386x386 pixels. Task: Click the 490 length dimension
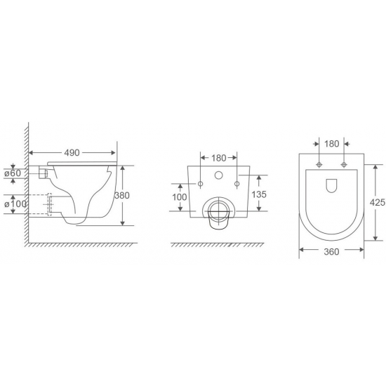[x=72, y=153]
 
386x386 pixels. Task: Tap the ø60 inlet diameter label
[x=13, y=173]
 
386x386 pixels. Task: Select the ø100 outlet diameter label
[x=15, y=204]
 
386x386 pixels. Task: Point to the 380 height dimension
[x=122, y=196]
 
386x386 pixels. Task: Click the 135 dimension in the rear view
[x=259, y=194]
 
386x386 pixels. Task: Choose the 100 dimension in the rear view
[x=180, y=197]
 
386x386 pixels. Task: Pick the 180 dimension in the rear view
[x=219, y=158]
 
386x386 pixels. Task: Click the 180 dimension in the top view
[x=331, y=144]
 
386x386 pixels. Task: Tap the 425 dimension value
[x=378, y=202]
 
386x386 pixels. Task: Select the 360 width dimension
[x=331, y=251]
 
